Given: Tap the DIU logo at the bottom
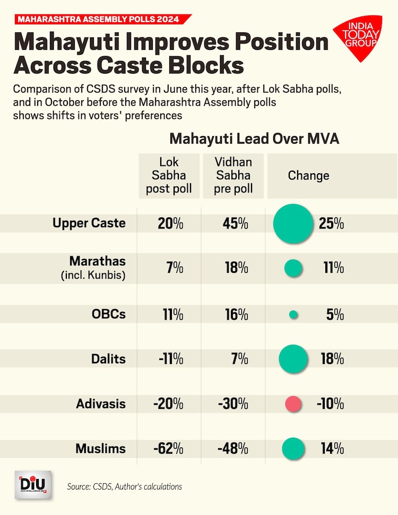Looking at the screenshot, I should [x=32, y=484].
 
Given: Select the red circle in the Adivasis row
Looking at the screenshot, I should [x=293, y=404].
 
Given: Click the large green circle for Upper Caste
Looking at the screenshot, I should [x=292, y=224].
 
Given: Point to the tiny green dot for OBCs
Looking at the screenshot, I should [x=293, y=314].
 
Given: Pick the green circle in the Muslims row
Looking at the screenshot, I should [x=293, y=449].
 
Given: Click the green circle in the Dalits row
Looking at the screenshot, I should [x=293, y=359].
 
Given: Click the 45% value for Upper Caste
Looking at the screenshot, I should [x=235, y=224].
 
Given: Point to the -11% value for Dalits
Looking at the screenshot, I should [x=170, y=359].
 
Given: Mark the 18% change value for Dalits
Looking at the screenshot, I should [x=332, y=359].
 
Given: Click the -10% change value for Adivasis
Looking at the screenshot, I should [x=330, y=404].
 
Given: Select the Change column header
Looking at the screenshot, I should [x=308, y=176].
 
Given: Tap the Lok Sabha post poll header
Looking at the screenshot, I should [x=169, y=176].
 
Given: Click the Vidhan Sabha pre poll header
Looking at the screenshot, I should [x=233, y=176].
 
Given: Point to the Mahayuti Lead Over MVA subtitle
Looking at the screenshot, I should [x=254, y=139].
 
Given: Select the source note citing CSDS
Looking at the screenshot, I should [x=124, y=486].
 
